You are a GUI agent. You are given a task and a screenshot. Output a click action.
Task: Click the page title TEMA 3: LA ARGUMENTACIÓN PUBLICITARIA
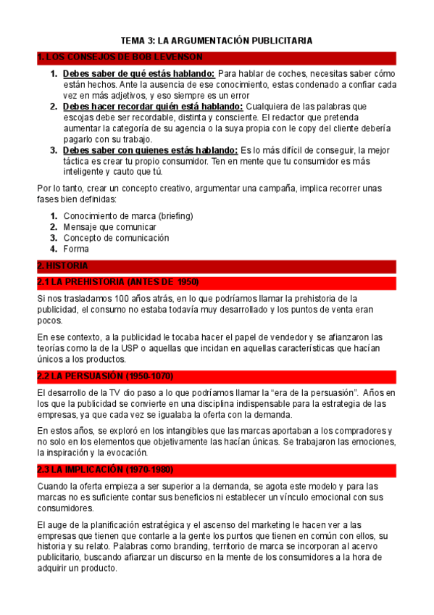tap(217, 41)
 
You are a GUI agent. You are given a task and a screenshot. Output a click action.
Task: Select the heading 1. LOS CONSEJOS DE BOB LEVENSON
tap(120, 57)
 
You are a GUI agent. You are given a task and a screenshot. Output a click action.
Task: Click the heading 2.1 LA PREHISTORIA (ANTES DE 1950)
tap(117, 281)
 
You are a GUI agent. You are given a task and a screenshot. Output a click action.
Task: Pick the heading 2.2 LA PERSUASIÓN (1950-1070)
tap(104, 376)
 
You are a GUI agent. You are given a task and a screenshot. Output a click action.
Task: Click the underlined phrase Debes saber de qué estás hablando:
tap(138, 74)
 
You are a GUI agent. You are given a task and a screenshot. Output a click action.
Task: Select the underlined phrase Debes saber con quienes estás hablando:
tap(150, 150)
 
